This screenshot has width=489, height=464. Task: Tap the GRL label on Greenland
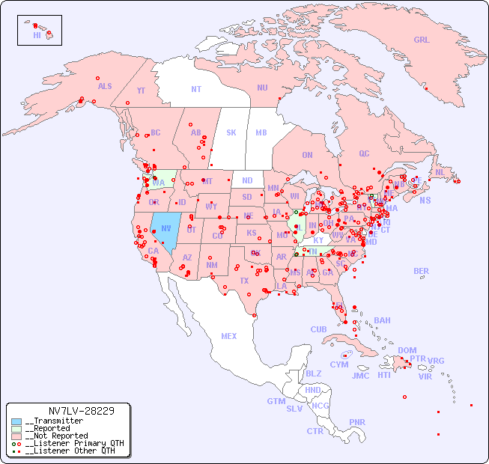(422, 40)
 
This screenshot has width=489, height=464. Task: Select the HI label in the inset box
(37, 34)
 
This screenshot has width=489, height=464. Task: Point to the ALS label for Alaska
(105, 87)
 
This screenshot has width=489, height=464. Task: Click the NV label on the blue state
(165, 228)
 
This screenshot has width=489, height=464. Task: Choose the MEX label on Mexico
(229, 336)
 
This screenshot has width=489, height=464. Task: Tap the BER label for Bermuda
(422, 271)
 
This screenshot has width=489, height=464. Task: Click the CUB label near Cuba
(318, 329)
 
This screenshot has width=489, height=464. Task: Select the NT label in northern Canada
(196, 89)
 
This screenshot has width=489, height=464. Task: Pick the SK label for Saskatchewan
(231, 132)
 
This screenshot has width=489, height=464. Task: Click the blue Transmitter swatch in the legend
(16, 421)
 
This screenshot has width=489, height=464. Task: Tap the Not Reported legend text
(56, 436)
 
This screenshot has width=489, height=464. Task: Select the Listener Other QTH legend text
(70, 451)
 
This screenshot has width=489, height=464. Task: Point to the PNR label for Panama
(357, 422)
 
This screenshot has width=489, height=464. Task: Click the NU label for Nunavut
(262, 88)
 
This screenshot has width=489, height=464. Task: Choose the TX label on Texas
(244, 281)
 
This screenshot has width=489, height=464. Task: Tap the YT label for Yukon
(141, 91)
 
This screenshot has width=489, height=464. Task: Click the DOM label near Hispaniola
(407, 350)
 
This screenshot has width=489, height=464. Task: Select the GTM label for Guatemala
(276, 401)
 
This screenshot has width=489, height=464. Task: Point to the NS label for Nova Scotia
(425, 201)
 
